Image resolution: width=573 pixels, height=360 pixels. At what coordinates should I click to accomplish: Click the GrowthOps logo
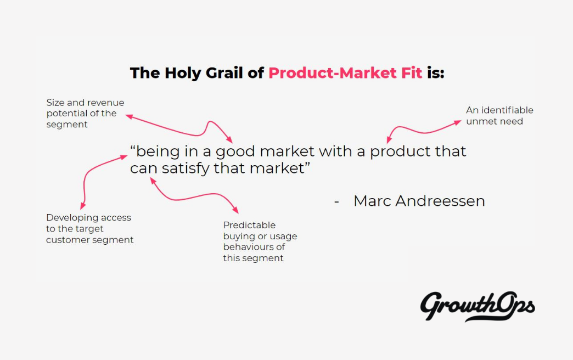(x=477, y=306)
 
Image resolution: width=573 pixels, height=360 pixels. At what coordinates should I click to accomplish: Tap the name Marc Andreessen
(x=419, y=201)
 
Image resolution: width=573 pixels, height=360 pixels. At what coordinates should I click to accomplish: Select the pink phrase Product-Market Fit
(x=345, y=73)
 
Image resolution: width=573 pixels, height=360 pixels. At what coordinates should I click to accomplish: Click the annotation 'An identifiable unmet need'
(x=499, y=115)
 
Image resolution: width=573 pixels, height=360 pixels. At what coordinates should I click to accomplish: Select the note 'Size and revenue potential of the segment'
(x=85, y=113)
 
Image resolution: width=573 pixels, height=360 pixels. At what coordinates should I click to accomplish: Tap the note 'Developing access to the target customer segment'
(x=89, y=228)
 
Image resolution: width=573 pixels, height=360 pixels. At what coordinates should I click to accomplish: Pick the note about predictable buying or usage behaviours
(x=260, y=241)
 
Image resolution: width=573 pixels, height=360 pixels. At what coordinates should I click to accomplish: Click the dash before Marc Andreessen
(x=336, y=202)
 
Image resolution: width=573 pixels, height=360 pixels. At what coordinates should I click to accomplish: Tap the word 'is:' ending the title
(x=435, y=73)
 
